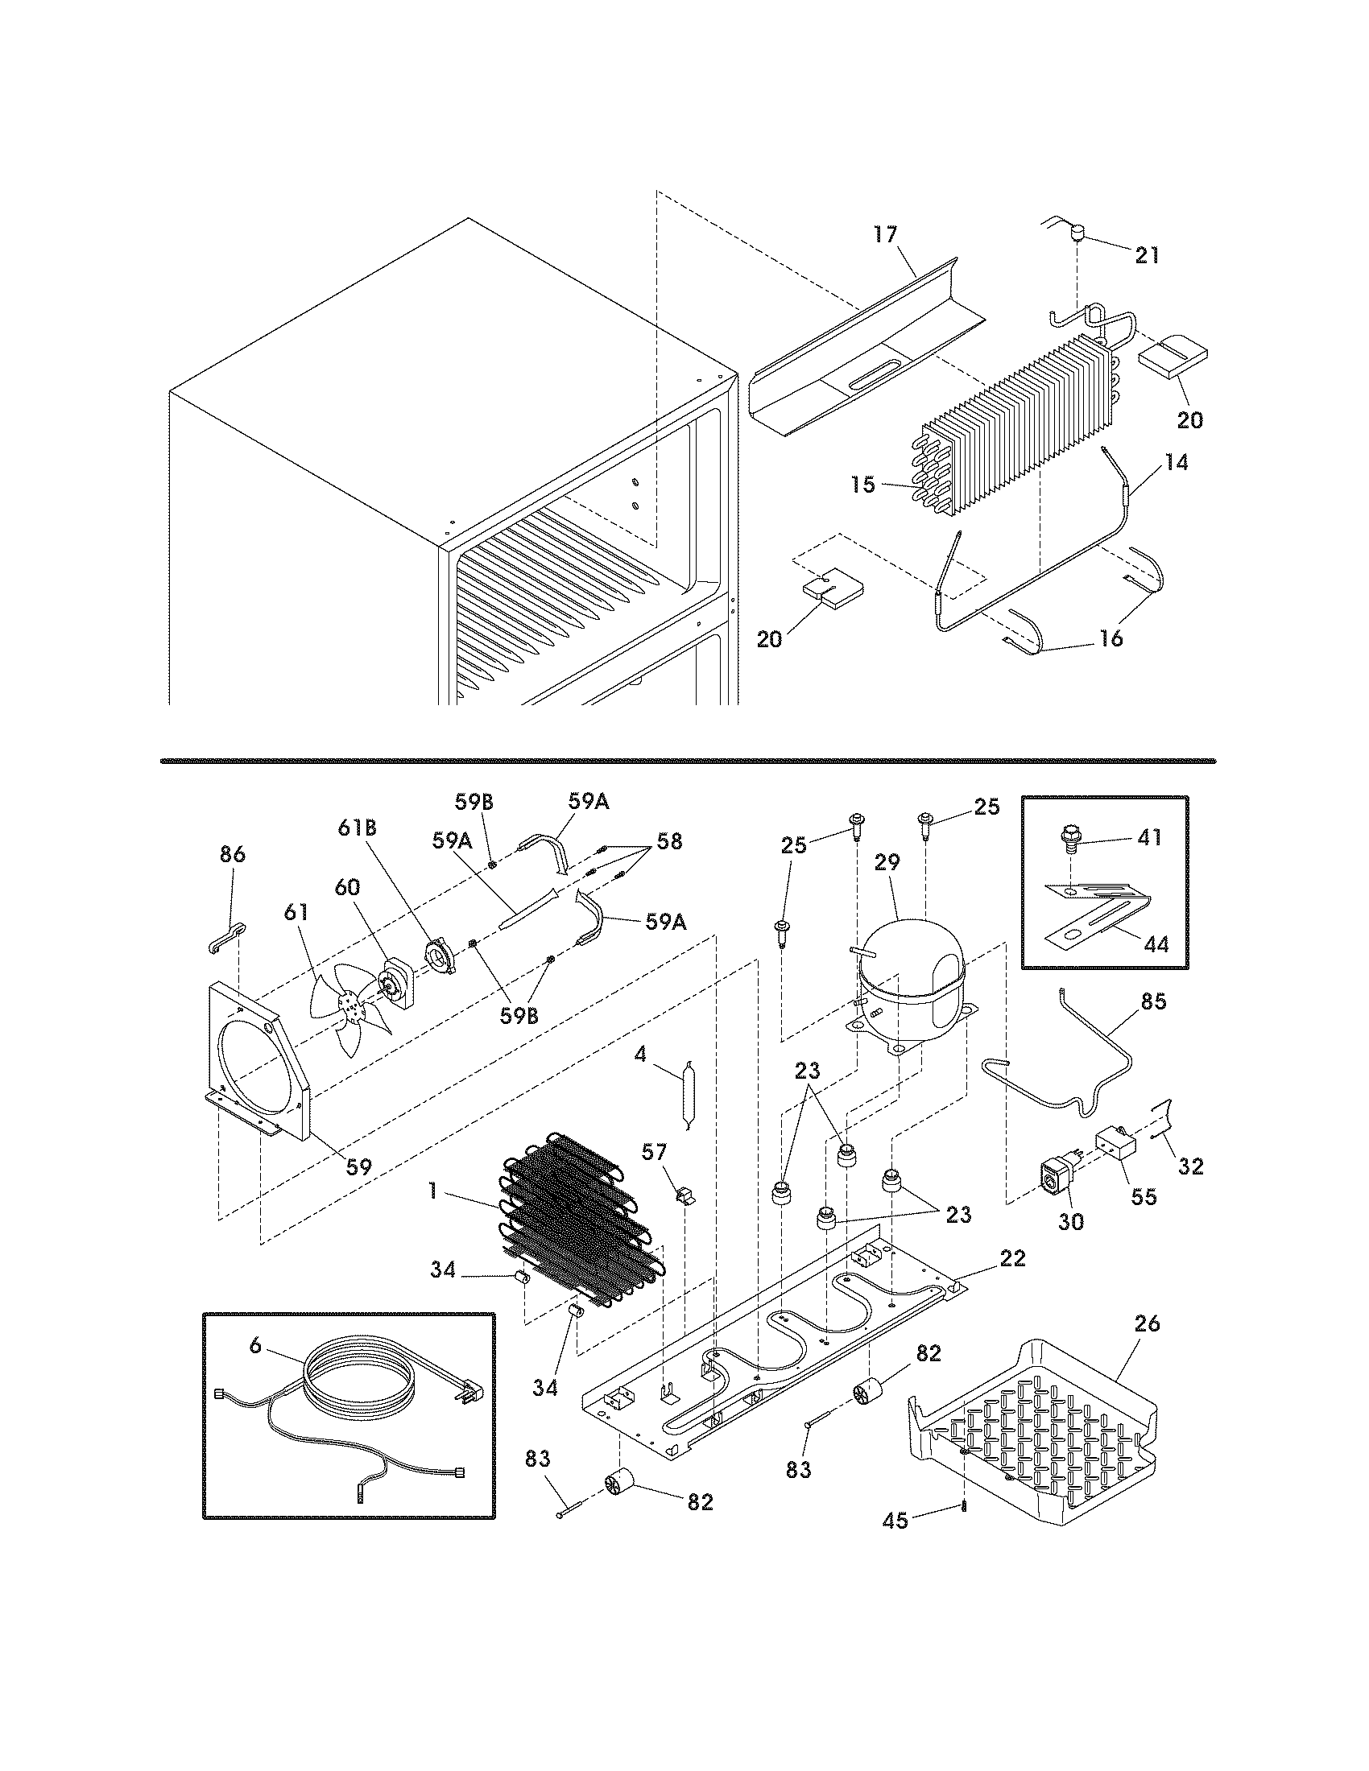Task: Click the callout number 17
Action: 885,234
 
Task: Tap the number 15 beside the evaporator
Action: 864,485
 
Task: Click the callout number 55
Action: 1144,1196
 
